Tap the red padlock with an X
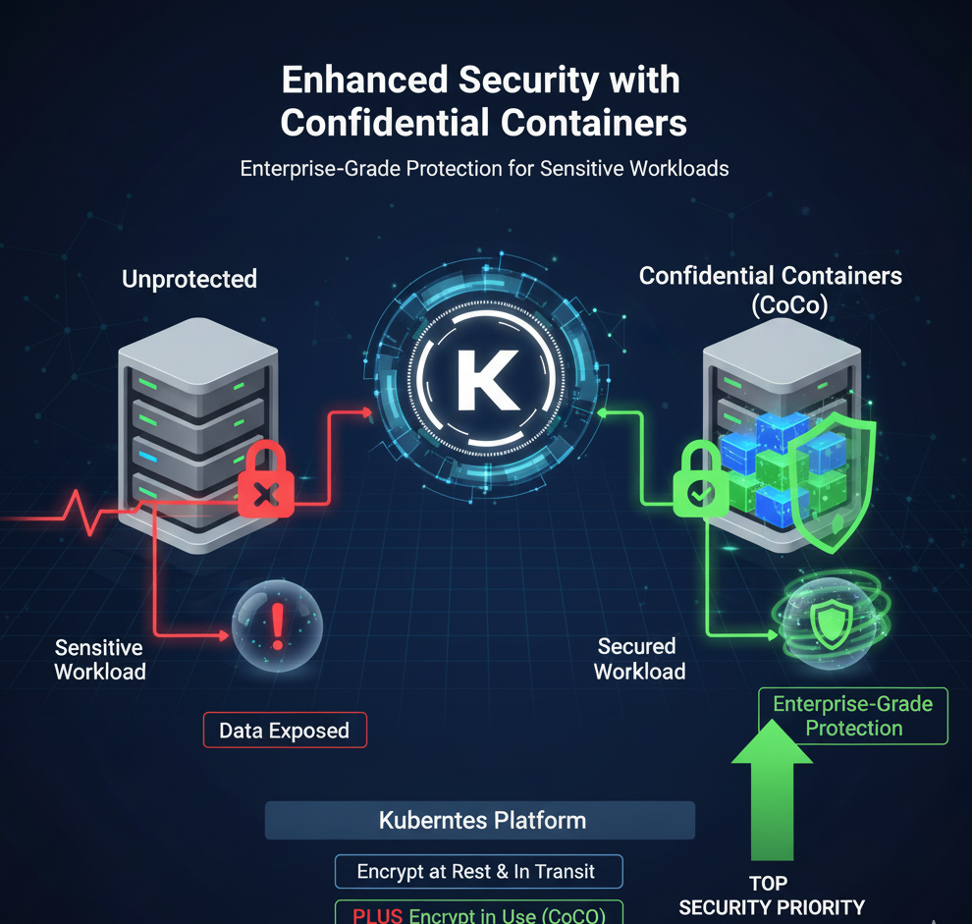tap(265, 481)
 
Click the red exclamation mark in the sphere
tap(278, 625)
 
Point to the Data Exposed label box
tap(284, 731)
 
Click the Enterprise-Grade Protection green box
tap(853, 716)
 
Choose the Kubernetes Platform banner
tap(481, 820)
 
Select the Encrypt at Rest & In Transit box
tap(476, 871)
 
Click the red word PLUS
tap(377, 915)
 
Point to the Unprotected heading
tap(189, 279)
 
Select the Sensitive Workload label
tap(99, 660)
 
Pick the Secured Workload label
tap(639, 659)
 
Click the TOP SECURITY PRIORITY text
tap(772, 896)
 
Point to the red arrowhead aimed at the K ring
tap(367, 411)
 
